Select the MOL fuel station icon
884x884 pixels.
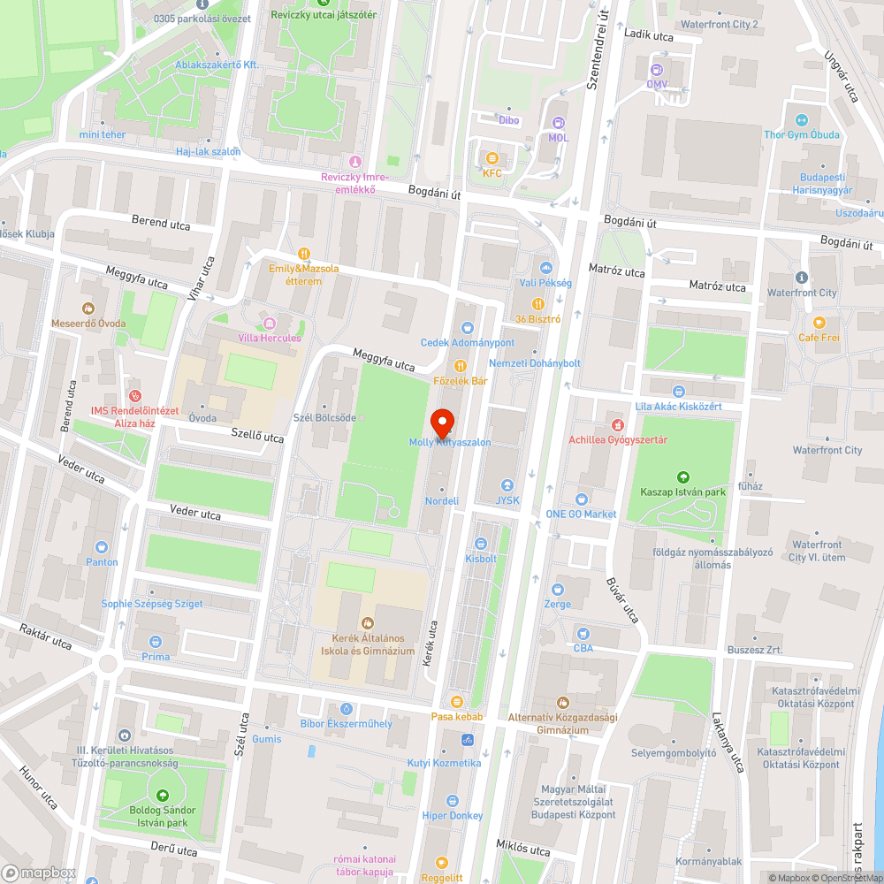pos(558,124)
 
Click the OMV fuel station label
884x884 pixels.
pos(657,84)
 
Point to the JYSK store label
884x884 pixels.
pos(507,499)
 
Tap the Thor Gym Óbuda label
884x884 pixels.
pos(802,135)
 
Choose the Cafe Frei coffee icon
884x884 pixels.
pos(819,323)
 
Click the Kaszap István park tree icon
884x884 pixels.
pos(682,477)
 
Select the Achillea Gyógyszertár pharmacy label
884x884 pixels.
pos(618,439)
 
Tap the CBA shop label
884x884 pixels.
pos(583,648)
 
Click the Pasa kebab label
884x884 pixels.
pos(456,716)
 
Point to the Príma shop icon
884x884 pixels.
pos(156,642)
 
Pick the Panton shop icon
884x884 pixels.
pos(102,547)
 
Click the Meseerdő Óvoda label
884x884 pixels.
pos(88,324)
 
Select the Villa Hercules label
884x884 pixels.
pos(270,338)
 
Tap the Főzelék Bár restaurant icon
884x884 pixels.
pos(460,366)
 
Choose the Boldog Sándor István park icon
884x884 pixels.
pos(162,796)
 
